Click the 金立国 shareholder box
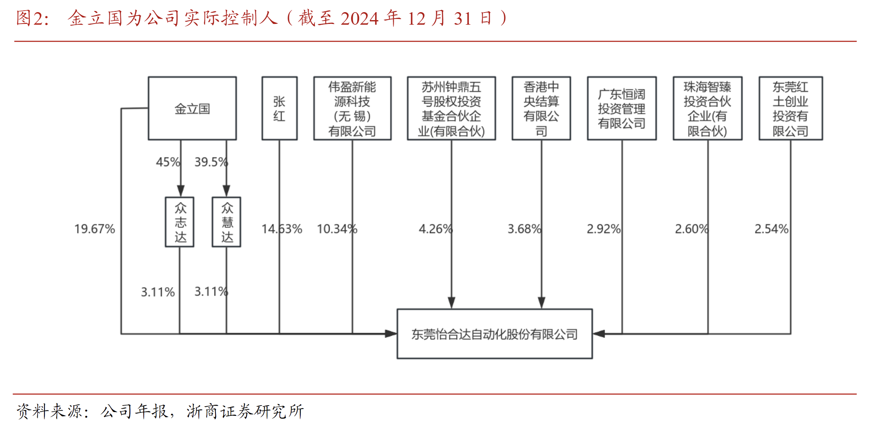click(192, 109)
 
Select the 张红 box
click(279, 109)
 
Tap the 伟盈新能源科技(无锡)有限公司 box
click(352, 109)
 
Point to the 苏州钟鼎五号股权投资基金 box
click(451, 109)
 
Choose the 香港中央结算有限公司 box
click(541, 109)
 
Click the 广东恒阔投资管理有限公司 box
click(621, 109)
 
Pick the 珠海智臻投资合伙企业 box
click(707, 109)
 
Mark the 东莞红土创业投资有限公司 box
click(791, 109)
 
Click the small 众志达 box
click(180, 222)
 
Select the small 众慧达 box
click(227, 222)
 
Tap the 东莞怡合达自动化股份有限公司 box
click(495, 334)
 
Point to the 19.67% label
click(95, 229)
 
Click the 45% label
click(168, 162)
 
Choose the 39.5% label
click(211, 162)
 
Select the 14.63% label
click(282, 229)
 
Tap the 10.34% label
click(337, 229)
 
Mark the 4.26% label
click(436, 229)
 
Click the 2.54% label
click(771, 229)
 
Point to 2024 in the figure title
click(359, 18)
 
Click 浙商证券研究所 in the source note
click(245, 411)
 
